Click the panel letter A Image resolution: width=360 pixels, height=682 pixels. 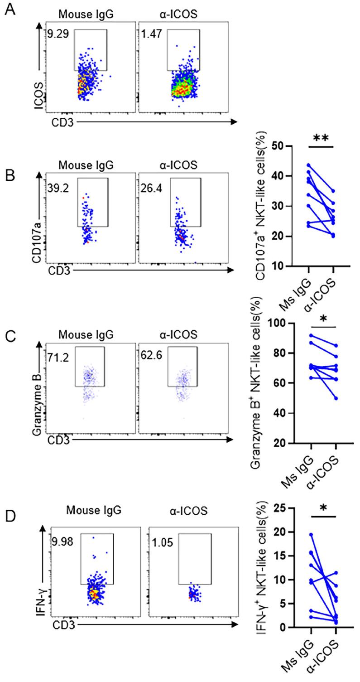[x=10, y=9]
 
